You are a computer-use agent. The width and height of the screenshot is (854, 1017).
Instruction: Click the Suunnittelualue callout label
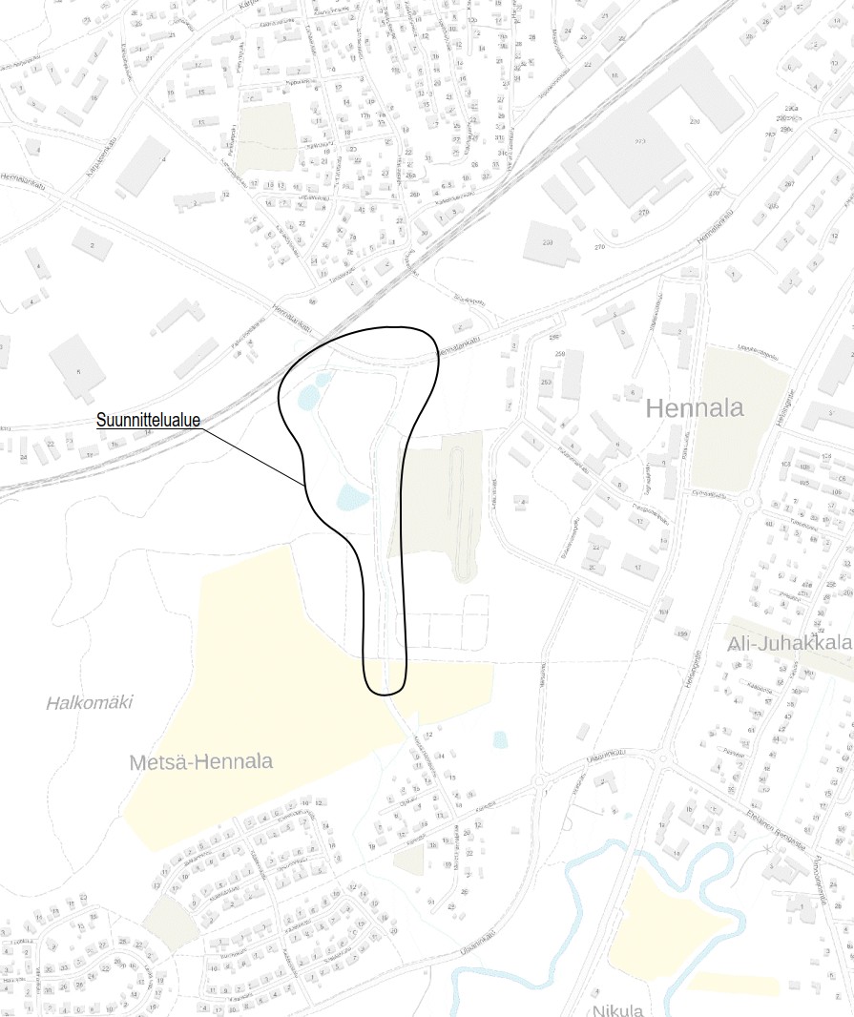[148, 420]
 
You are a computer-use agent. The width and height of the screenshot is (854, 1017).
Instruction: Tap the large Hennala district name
[695, 409]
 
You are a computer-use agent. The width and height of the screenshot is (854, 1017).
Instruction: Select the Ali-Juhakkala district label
[789, 646]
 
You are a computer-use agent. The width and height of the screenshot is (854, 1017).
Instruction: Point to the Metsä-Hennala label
[200, 762]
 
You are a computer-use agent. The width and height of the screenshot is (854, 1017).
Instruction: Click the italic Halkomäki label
[90, 703]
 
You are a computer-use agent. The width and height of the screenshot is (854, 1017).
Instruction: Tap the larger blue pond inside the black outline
[351, 496]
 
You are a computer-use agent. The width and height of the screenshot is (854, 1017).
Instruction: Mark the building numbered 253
[548, 383]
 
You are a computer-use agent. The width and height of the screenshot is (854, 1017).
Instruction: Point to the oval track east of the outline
[463, 506]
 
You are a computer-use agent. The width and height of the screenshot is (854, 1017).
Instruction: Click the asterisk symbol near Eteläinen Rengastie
[767, 847]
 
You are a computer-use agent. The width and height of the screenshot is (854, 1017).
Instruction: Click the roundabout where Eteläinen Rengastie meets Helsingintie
[660, 759]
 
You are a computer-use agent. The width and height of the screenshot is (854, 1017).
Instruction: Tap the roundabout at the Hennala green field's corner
[749, 503]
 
